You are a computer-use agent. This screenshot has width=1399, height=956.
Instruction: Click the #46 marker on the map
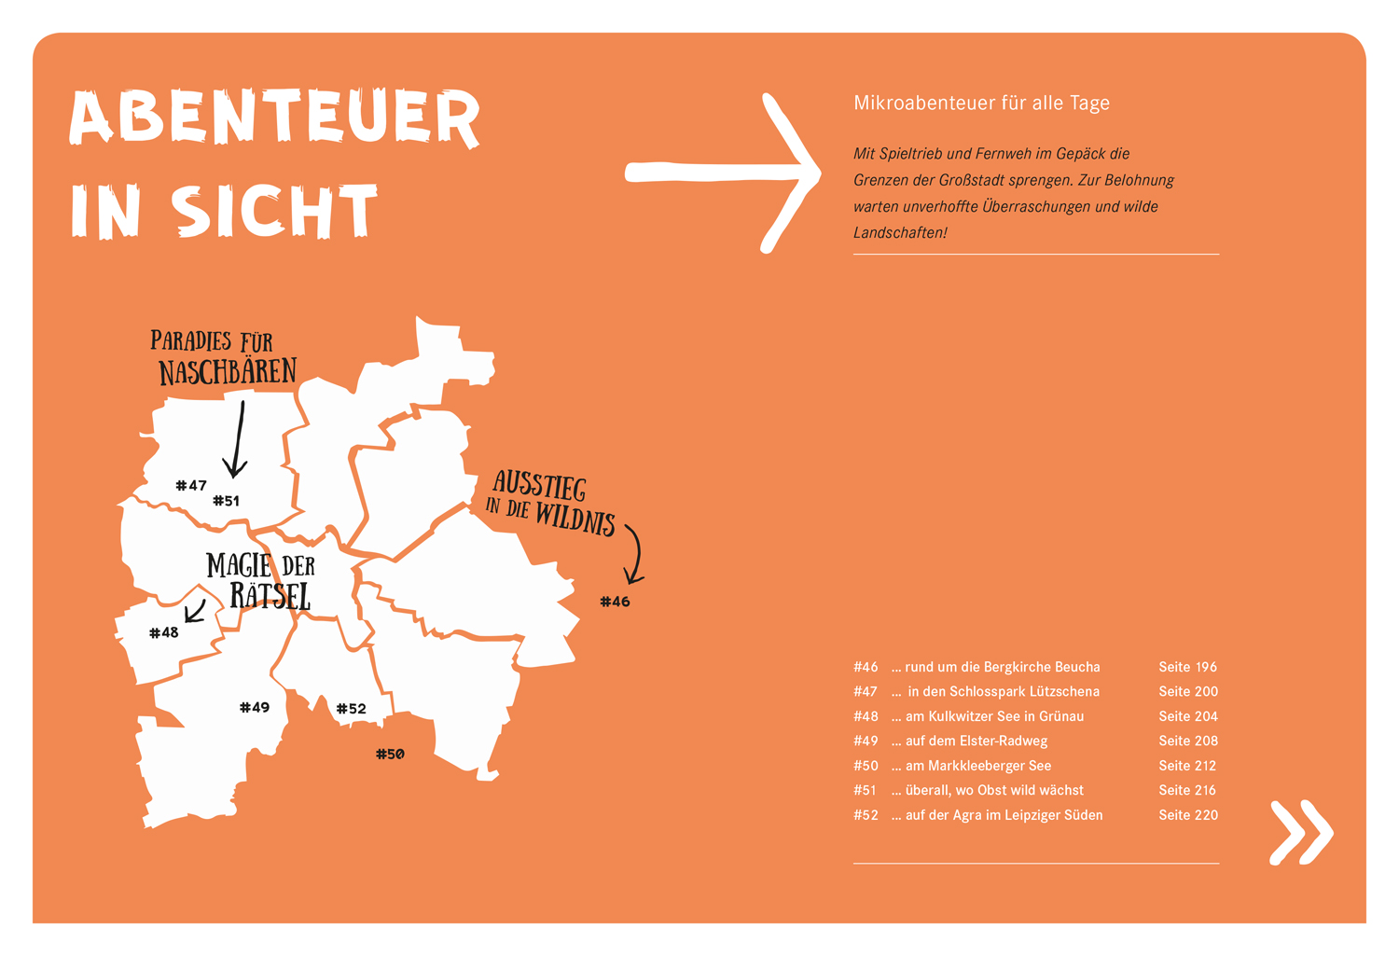coord(615,602)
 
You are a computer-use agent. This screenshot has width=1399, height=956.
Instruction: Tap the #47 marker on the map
coord(191,485)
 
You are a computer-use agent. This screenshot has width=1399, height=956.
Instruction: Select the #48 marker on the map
coord(164,632)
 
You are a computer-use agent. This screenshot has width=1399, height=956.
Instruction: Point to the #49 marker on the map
coord(255,707)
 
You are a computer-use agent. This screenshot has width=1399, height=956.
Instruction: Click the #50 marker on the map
coord(390,754)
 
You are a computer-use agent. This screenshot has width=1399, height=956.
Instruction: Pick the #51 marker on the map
coord(227,501)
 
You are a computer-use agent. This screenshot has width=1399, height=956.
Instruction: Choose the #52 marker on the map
coord(352,709)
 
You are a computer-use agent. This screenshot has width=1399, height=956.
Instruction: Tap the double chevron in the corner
coord(1301,831)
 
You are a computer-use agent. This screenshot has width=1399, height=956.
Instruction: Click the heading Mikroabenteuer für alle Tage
coord(981,103)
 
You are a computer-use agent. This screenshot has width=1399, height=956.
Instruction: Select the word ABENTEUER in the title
coord(275,118)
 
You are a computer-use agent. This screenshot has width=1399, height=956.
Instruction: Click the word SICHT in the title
coord(275,211)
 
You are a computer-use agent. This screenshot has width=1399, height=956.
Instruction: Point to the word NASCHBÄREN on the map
coord(228,372)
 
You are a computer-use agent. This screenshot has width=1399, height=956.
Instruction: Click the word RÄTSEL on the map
coord(270,596)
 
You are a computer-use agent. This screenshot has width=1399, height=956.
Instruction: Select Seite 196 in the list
coord(1187,667)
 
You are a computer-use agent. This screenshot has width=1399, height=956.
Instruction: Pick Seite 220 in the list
coord(1187,815)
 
